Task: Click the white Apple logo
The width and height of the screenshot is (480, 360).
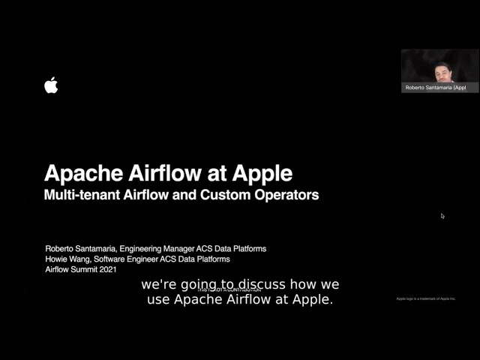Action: [x=51, y=85]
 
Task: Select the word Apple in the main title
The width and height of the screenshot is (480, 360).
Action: [x=261, y=173]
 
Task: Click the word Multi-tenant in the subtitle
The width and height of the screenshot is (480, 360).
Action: [x=82, y=195]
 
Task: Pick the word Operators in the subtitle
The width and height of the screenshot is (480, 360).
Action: [x=288, y=195]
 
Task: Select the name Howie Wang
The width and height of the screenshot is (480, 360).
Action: [x=67, y=259]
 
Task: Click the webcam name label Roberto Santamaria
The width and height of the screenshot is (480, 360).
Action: [x=435, y=87]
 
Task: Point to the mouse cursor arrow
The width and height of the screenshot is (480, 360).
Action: [x=442, y=216]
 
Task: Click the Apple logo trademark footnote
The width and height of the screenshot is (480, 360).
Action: [x=426, y=298]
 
